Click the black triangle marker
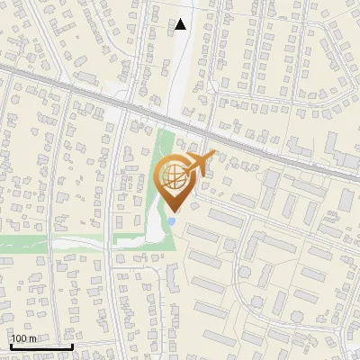[181, 24]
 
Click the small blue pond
[171, 220]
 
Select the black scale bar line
[41, 346]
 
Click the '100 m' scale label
[23, 337]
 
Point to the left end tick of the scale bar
[11, 344]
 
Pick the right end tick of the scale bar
[72, 344]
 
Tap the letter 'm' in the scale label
[31, 337]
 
